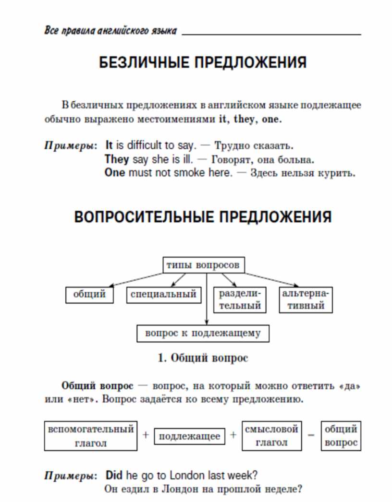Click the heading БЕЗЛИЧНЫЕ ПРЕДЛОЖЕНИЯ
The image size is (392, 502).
coord(203,62)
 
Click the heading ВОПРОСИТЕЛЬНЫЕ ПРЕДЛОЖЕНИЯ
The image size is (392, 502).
coord(203,217)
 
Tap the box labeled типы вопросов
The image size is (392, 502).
coord(204,265)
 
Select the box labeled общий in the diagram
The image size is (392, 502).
coord(89,295)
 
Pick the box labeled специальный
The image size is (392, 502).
coord(164,295)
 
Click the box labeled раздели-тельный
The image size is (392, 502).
coord(240,299)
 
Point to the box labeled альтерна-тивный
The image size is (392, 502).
coord(306,299)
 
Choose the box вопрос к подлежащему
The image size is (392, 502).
coord(203,333)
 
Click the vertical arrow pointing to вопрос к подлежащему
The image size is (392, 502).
coord(207,299)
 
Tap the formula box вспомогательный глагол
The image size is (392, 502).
coord(91,436)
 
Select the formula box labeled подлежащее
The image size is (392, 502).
coord(189,436)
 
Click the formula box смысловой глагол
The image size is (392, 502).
coord(272,436)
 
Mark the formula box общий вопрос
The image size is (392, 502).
coord(341,436)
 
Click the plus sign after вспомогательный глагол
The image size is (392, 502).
coord(146,435)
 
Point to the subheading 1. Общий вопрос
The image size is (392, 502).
coord(203,358)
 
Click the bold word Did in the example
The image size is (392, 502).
coord(114,475)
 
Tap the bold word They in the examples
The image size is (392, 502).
coord(117,159)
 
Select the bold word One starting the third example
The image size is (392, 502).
coord(115,173)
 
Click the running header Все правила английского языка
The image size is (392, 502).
coord(110,30)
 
